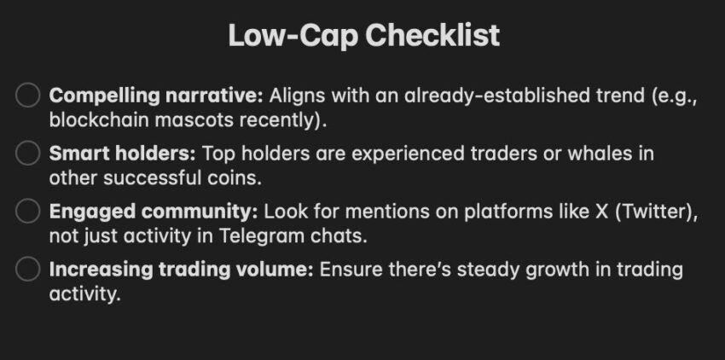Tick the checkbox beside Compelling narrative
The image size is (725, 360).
point(27,95)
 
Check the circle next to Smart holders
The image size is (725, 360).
point(27,154)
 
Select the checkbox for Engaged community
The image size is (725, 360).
point(27,211)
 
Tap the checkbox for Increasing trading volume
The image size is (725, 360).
point(27,269)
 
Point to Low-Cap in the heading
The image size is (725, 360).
point(293,36)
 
